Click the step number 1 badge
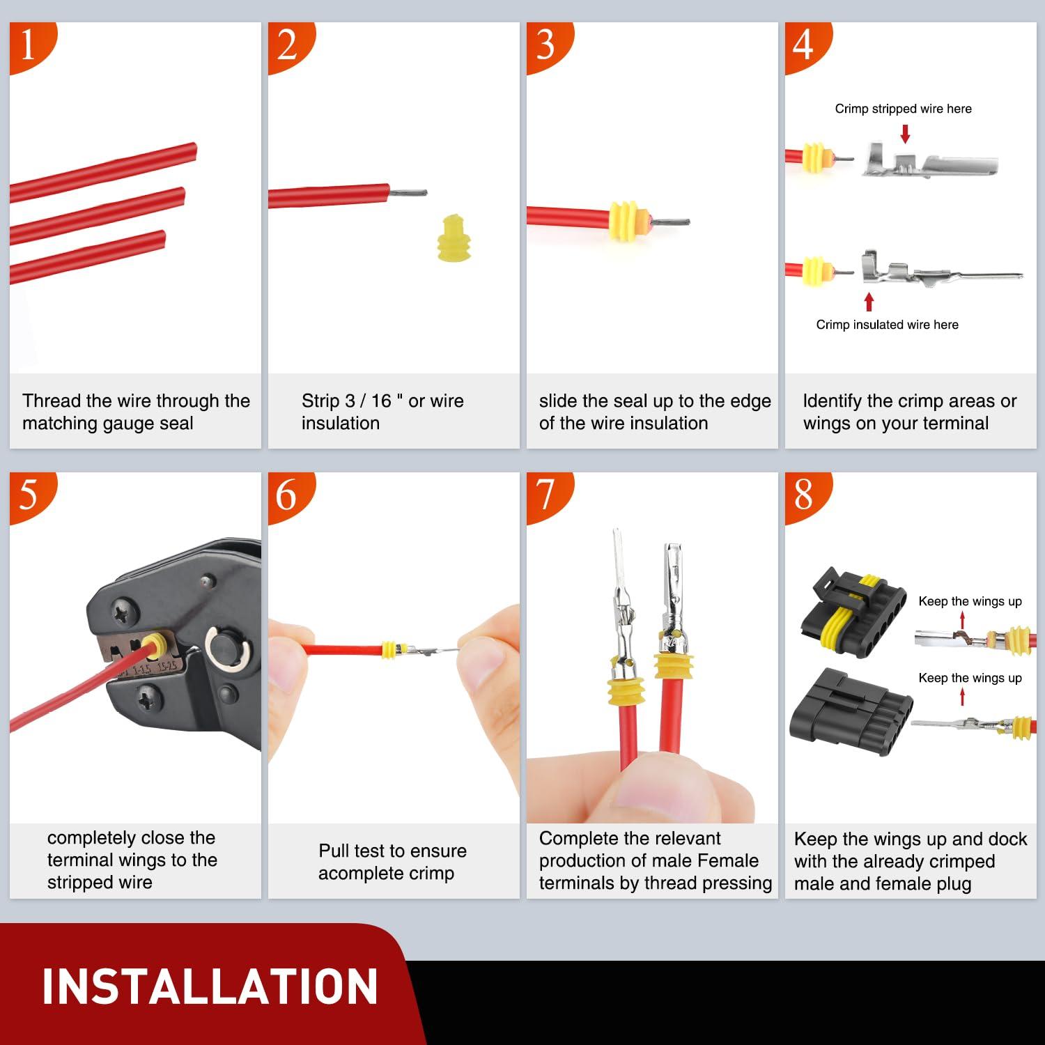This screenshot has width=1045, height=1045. point(28,45)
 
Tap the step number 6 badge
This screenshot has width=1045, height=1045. point(286,495)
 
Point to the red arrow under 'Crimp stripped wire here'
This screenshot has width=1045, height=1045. point(905,134)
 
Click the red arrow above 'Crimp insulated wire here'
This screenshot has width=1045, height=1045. point(869,302)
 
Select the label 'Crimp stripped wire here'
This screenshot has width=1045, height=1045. point(903,109)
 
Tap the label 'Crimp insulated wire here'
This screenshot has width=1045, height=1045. point(887,325)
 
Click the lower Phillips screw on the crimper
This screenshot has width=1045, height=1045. point(148,695)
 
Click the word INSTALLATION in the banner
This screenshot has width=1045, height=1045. point(209,986)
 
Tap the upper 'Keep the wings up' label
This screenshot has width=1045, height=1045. point(970,601)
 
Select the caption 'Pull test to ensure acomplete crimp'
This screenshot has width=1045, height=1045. point(392,862)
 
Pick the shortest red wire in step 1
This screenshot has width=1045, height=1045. point(87,258)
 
